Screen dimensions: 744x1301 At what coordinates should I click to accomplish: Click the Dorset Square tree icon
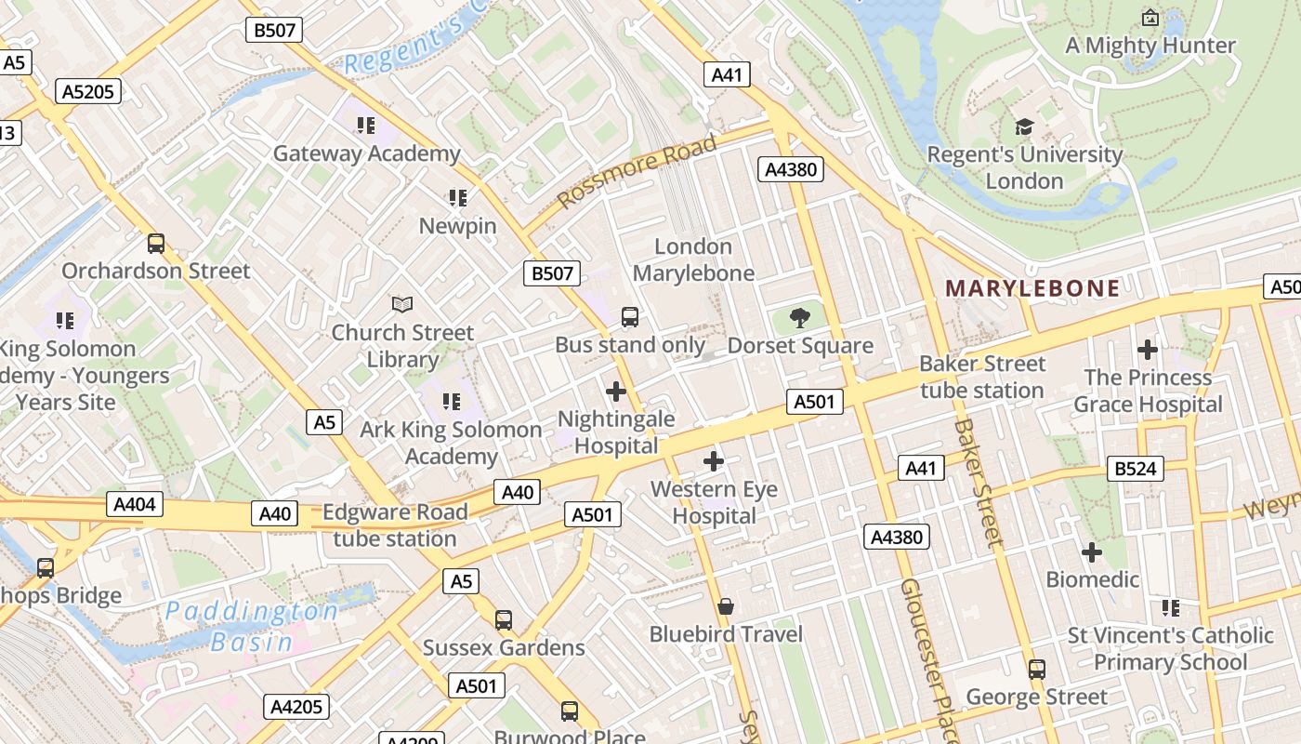pos(799,319)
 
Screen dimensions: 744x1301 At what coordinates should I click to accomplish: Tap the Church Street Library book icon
pos(402,304)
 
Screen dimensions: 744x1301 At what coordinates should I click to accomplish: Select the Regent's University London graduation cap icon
pos(1024,127)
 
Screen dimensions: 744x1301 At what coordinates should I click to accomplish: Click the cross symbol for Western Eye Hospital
pos(714,461)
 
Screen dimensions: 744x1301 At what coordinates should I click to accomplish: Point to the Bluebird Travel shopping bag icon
pos(726,606)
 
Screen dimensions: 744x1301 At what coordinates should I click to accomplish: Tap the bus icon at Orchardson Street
pos(156,244)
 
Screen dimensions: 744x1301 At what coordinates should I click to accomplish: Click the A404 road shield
pos(136,504)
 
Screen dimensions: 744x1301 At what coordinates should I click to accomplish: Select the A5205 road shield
pos(88,91)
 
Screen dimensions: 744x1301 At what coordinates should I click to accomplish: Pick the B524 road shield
pos(1135,469)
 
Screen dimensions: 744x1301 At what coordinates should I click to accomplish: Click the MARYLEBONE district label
pos(1032,288)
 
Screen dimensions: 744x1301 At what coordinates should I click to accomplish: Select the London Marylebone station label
pos(693,259)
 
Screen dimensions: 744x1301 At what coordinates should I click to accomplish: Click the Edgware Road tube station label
pos(395,525)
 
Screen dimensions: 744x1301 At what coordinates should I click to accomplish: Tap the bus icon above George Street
pos(1036,669)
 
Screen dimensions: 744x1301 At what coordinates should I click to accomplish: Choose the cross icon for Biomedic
pos(1092,552)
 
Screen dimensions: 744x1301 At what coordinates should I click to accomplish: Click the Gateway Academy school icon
pos(366,125)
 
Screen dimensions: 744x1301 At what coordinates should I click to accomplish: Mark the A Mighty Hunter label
pos(1150,45)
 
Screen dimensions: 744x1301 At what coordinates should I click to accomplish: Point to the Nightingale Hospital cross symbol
pos(615,392)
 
